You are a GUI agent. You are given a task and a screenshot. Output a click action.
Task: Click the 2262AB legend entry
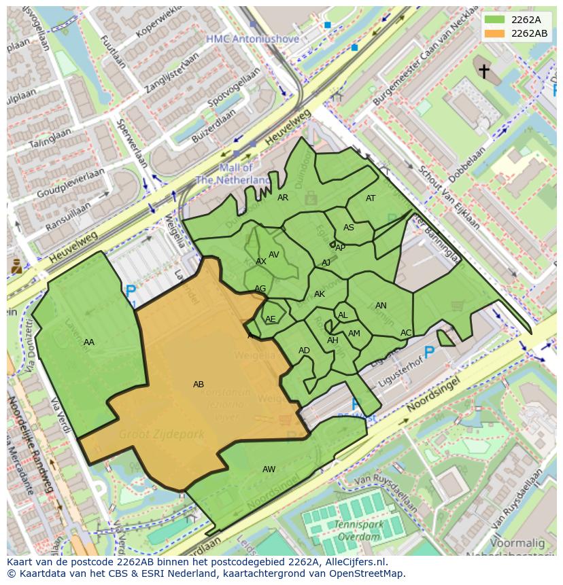[x=516, y=33]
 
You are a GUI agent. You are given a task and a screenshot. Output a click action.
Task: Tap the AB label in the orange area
[x=199, y=385]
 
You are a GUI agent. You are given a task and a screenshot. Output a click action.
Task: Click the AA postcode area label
[x=89, y=342]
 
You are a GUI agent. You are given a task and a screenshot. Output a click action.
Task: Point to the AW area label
[x=269, y=469]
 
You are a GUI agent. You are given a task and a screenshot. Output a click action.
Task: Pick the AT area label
[x=371, y=198]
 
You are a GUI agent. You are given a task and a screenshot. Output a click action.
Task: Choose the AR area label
[x=283, y=198]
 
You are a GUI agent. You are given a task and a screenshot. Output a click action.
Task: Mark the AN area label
[x=381, y=306]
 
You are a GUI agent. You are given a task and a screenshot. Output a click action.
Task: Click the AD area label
[x=304, y=351]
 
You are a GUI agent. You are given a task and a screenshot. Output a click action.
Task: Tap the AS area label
[x=349, y=228]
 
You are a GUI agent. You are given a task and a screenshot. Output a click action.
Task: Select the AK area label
[x=320, y=294]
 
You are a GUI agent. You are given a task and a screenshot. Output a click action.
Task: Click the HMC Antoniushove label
[x=253, y=39]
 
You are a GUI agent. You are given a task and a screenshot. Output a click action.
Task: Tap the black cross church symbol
[x=483, y=71]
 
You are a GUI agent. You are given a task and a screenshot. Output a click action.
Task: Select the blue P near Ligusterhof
[x=429, y=352]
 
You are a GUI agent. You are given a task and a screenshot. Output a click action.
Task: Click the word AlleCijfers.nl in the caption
[x=354, y=562]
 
